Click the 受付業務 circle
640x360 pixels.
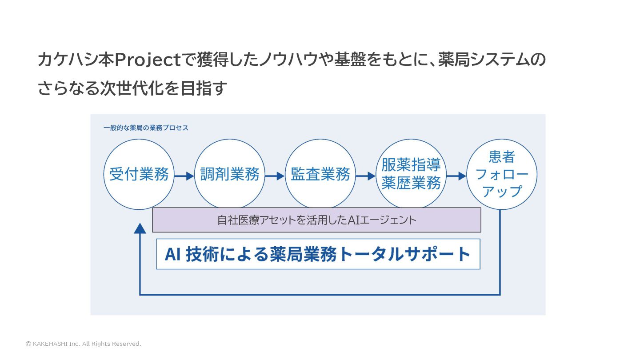pos(139,174)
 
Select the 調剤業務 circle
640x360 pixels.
pos(230,174)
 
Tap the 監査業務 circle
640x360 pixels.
pos(320,174)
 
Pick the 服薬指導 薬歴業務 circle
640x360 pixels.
pos(411,174)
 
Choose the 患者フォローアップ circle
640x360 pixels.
pos(502,174)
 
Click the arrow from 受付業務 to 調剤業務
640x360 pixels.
pos(184,176)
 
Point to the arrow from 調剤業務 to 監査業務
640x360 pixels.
pos(275,176)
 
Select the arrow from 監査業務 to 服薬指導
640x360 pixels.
pos(365,176)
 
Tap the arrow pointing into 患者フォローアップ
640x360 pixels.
pos(456,176)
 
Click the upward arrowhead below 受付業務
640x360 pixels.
pos(140,228)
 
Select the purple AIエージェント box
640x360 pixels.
pos(316,220)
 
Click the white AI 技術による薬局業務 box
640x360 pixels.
pos(318,254)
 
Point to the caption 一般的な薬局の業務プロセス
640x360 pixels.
pos(146,128)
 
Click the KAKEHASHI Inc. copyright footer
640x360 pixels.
pos(84,344)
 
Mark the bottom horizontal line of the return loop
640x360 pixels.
pos(320,294)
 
